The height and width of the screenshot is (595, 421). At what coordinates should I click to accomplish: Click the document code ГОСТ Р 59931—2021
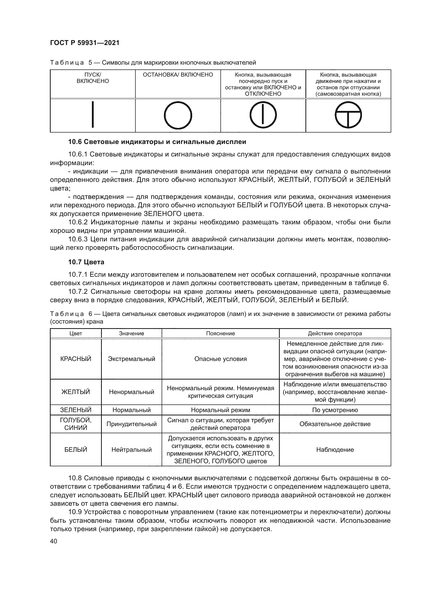coord(85,43)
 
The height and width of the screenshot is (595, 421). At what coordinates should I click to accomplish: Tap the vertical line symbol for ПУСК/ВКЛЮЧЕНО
coord(93,115)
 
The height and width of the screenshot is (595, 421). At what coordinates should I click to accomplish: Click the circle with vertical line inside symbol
coord(263,115)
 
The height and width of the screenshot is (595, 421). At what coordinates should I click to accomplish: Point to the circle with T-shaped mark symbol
coord(348,115)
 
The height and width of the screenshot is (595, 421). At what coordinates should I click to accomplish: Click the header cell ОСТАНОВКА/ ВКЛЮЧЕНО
coord(178,75)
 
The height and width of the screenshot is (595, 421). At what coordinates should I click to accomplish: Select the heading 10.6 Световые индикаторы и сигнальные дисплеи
coord(157,142)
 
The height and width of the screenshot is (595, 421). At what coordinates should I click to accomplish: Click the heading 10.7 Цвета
coord(86,262)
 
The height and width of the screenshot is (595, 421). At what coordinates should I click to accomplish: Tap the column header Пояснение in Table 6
coord(220,333)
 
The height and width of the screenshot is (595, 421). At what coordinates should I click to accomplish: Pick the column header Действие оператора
coord(335,333)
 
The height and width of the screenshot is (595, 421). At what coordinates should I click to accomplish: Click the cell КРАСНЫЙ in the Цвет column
coord(76,359)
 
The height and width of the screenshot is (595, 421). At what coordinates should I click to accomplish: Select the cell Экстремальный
coord(131,359)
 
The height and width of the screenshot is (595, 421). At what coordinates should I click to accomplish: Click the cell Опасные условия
coord(220,359)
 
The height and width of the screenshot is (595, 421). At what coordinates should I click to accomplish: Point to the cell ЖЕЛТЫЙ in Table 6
coord(76,392)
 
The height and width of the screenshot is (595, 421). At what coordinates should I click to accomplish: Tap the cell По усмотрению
coord(335,410)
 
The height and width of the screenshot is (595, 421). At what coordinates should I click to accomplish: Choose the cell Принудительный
coord(131,424)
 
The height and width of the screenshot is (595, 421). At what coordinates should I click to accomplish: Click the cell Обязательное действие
coord(335,424)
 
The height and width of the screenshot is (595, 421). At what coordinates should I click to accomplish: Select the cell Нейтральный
coord(131,449)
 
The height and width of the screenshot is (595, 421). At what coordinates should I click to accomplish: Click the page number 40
coord(53,541)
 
